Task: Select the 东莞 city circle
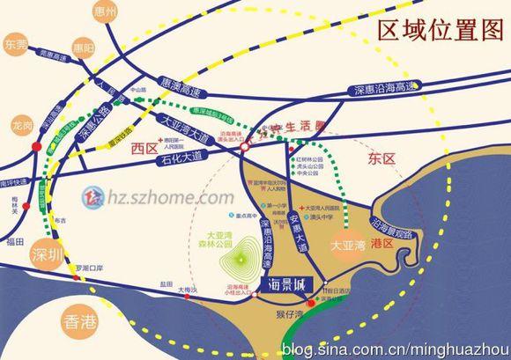coord(17,43)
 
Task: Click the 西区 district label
coord(143,149)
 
